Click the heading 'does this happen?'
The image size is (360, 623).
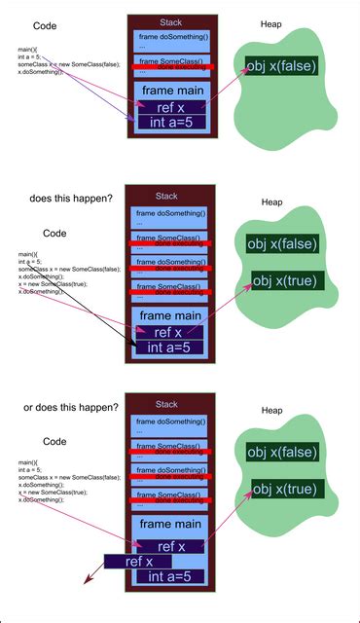[70, 198]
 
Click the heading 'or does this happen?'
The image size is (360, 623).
[71, 407]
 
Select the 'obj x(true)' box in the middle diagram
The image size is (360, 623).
[287, 281]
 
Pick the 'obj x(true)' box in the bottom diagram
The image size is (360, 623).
[287, 489]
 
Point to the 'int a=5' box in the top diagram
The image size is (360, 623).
[170, 123]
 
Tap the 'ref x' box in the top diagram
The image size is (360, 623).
[169, 107]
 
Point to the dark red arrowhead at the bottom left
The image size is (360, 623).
[89, 580]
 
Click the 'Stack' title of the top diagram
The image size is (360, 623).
[170, 21]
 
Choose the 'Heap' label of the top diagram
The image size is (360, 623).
[272, 23]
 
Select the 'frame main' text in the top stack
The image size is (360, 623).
[170, 90]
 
